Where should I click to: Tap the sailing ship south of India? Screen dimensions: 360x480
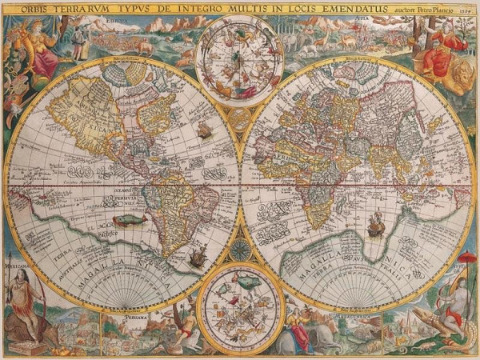(x=374, y=227)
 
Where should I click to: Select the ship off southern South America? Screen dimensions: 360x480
(x=196, y=257)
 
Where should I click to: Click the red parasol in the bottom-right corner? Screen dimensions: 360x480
(x=466, y=261)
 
